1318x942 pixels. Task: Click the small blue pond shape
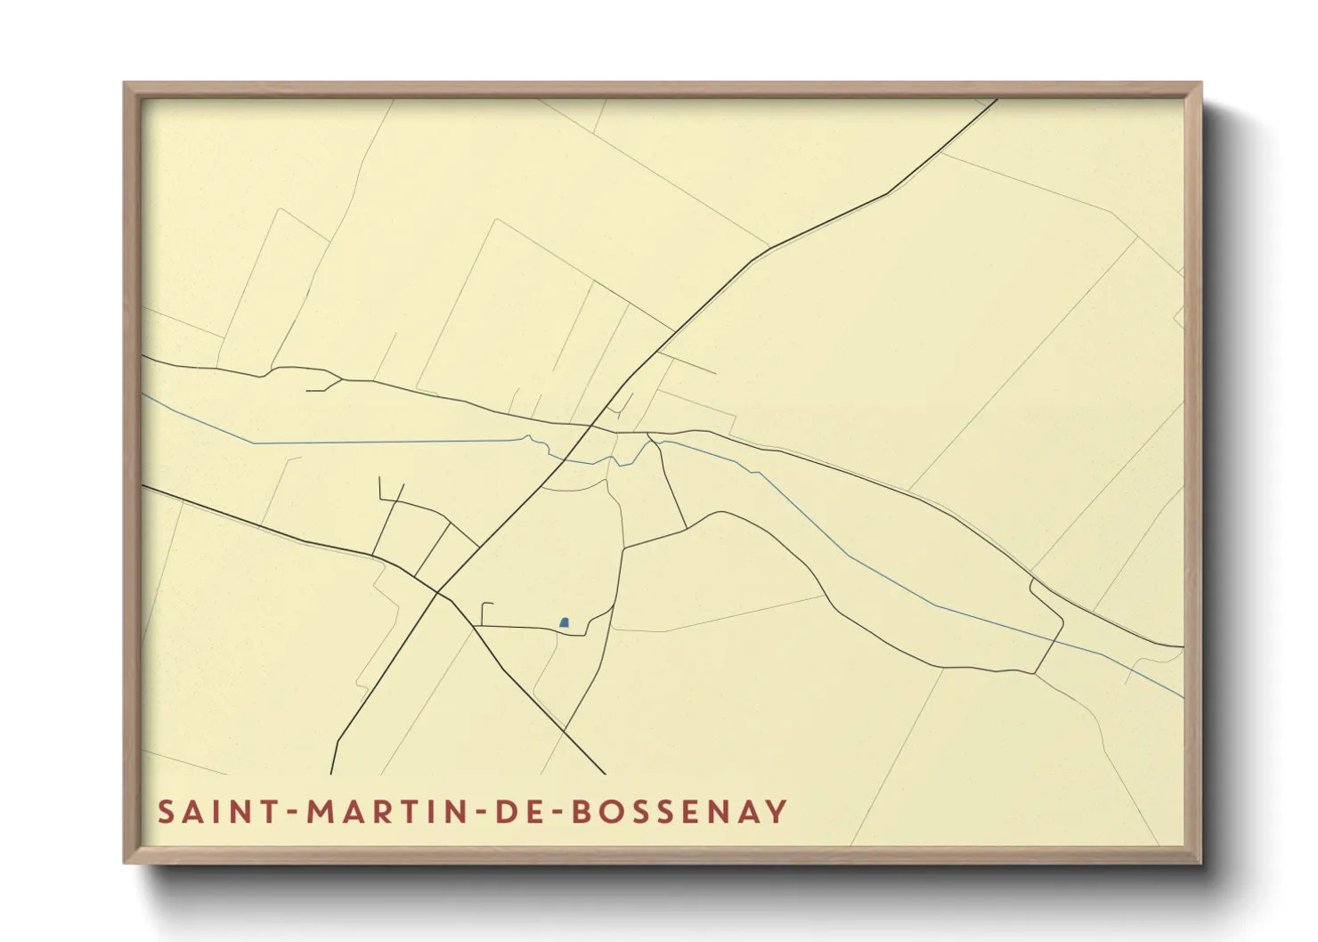point(564,622)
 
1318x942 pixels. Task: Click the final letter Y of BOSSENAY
point(777,812)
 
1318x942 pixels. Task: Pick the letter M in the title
point(321,812)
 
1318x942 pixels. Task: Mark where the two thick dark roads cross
point(439,592)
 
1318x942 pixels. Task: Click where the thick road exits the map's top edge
point(997,100)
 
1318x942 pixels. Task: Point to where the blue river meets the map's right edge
point(1183,697)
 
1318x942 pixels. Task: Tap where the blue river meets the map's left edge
point(143,394)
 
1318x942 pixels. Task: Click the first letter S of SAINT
point(167,812)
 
